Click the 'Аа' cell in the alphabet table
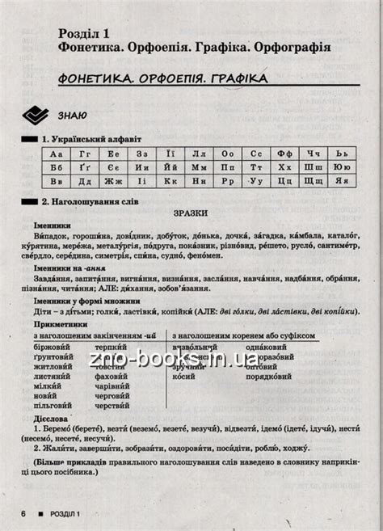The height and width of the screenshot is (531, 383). (x=56, y=154)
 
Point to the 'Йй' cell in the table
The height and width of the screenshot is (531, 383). (x=170, y=168)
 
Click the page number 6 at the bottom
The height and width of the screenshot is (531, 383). (x=25, y=514)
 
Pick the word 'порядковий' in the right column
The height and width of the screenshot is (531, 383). (x=246, y=373)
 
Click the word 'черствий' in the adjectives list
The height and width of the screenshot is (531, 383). (x=112, y=406)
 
